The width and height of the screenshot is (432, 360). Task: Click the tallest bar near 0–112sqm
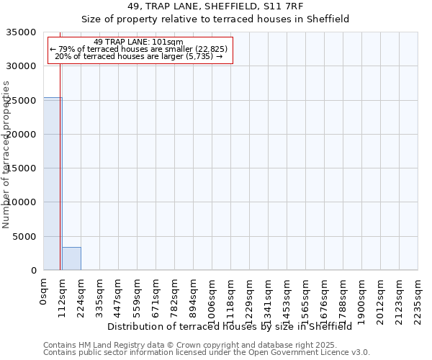click(52, 184)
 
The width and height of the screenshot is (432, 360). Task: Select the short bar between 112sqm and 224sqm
click(71, 258)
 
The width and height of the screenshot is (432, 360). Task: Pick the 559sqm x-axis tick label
click(137, 300)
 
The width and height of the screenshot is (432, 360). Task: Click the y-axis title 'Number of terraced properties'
click(6, 154)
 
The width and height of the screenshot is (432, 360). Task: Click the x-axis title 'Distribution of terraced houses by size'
click(230, 326)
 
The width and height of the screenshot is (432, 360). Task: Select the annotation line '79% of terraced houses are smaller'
click(139, 49)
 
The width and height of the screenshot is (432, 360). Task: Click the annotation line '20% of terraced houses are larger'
click(139, 56)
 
